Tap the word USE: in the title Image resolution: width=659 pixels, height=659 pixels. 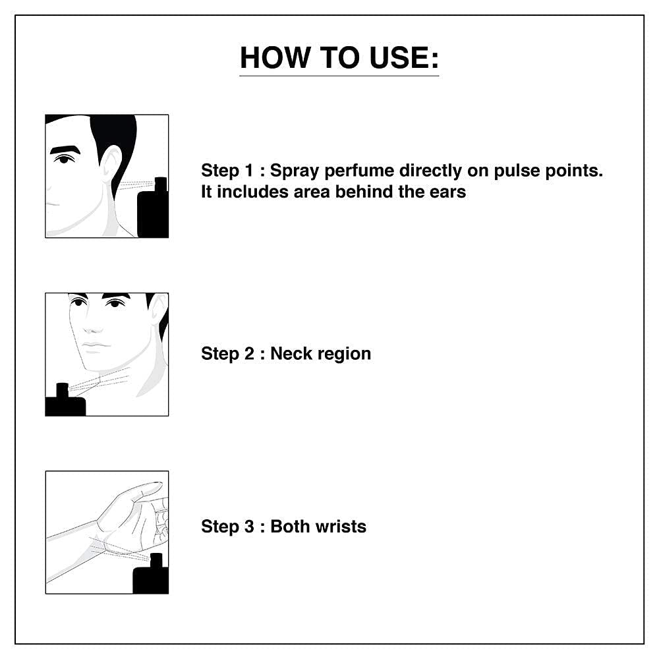click(404, 57)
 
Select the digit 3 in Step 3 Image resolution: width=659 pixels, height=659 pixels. click(250, 527)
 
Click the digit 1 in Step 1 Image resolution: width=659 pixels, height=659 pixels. click(250, 171)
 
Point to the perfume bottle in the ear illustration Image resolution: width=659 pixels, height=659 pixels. click(153, 208)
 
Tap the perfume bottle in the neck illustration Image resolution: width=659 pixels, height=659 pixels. click(65, 401)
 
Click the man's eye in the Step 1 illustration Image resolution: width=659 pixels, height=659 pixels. click(65, 159)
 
